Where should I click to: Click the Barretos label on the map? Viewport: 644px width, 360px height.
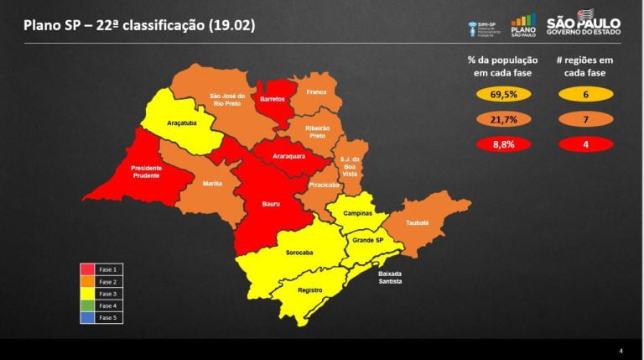pyautogui.click(x=273, y=99)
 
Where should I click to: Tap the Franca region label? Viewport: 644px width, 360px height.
pyautogui.click(x=316, y=91)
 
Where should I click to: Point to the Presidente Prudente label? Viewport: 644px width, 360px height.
pyautogui.click(x=147, y=171)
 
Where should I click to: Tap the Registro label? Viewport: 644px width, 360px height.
pyautogui.click(x=310, y=290)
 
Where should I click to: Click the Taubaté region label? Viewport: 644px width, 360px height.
pyautogui.click(x=418, y=222)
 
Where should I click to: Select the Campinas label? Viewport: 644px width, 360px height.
pyautogui.click(x=358, y=214)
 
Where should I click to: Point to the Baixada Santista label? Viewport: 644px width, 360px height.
pyautogui.click(x=390, y=278)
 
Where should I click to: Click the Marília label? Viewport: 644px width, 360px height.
pyautogui.click(x=212, y=183)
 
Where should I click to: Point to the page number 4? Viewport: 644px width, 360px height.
pyautogui.click(x=621, y=350)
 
